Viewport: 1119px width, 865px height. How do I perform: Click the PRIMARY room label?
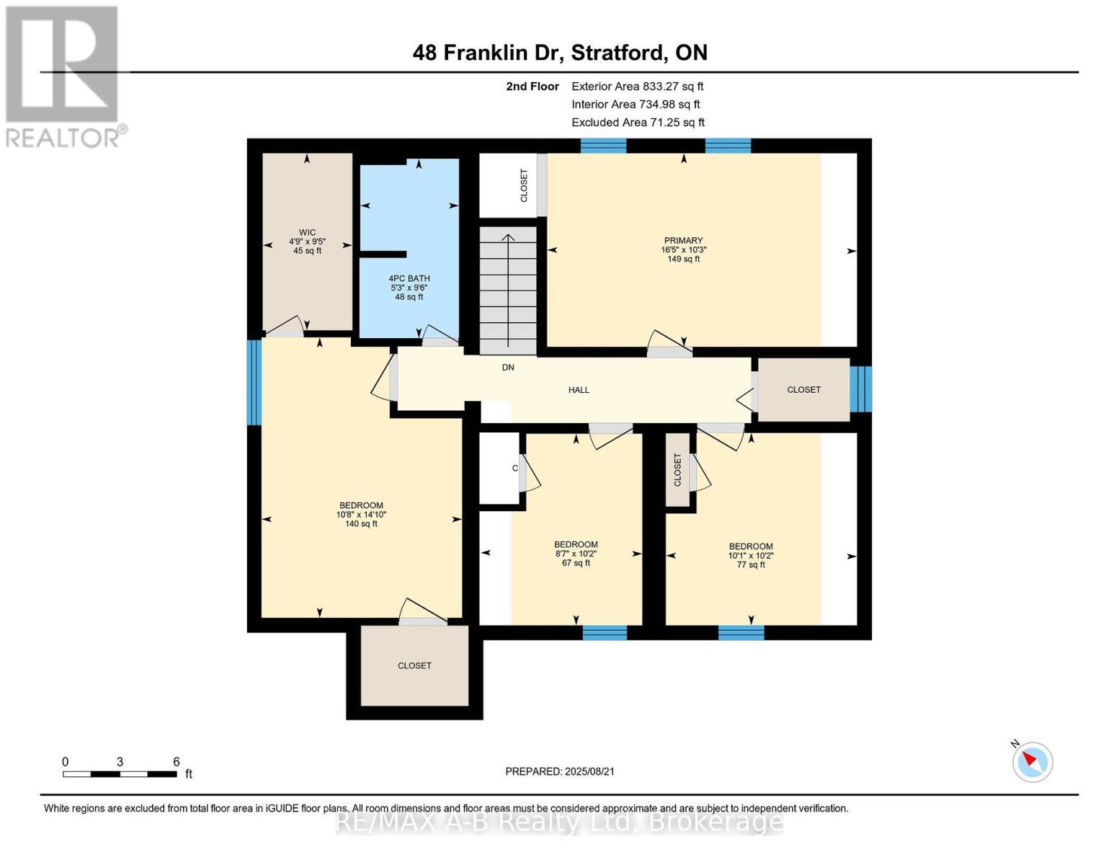(x=683, y=249)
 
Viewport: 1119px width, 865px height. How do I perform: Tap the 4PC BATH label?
(x=409, y=287)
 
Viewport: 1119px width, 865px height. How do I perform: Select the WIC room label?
(x=307, y=241)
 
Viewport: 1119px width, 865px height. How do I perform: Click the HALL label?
(x=579, y=390)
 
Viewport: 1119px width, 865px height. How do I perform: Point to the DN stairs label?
(x=508, y=368)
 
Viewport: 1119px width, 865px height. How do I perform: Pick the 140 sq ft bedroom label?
(x=361, y=515)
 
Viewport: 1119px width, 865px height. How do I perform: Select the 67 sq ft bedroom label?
(x=576, y=554)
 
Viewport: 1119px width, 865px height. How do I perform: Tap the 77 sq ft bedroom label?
(x=751, y=555)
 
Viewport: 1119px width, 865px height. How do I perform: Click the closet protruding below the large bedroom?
(x=414, y=665)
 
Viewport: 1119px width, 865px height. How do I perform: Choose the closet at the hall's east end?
(x=803, y=390)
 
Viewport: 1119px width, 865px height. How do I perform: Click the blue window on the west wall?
(x=254, y=382)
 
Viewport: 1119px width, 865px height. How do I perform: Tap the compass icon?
(x=1032, y=761)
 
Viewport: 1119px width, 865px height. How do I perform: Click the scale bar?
(x=120, y=774)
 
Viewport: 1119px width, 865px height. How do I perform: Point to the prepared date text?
(x=560, y=771)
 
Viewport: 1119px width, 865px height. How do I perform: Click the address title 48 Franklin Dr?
(x=560, y=53)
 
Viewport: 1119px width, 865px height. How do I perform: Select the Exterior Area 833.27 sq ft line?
(x=637, y=86)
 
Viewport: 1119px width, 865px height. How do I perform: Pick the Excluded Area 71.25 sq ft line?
(x=638, y=123)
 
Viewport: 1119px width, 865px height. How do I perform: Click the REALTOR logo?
(x=63, y=76)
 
